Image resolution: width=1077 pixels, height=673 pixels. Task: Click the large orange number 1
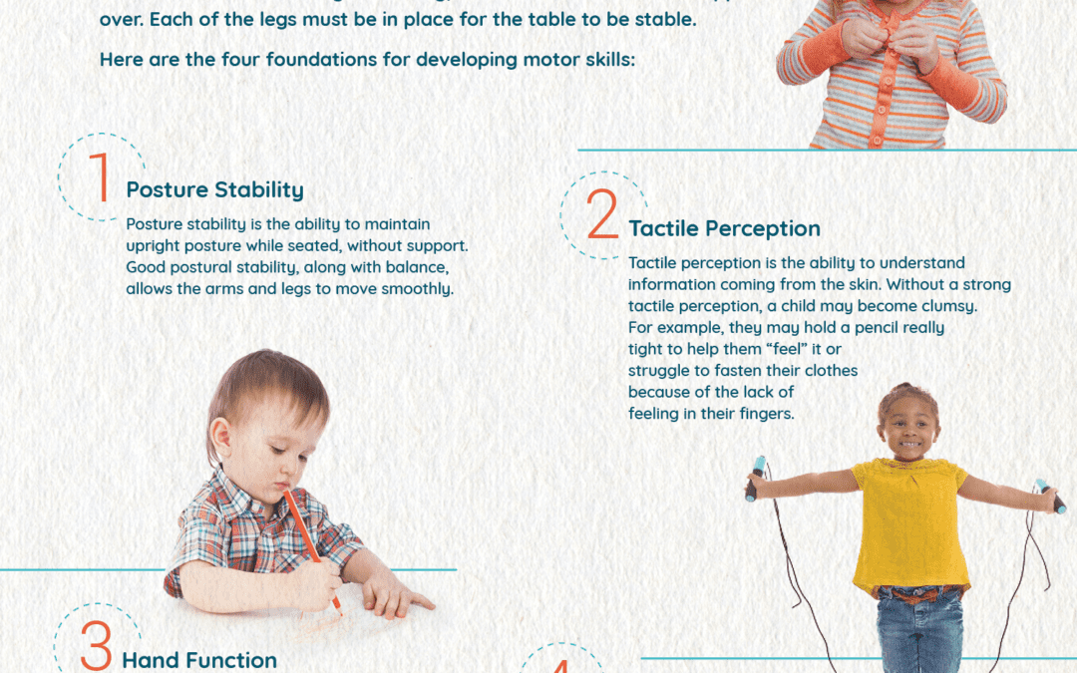[x=100, y=178]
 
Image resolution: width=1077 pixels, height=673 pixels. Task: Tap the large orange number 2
[x=602, y=215]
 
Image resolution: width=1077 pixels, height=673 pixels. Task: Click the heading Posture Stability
[x=214, y=189]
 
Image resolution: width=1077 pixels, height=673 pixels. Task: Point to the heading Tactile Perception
[x=724, y=228]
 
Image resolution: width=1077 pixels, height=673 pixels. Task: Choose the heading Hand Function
[x=199, y=660]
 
